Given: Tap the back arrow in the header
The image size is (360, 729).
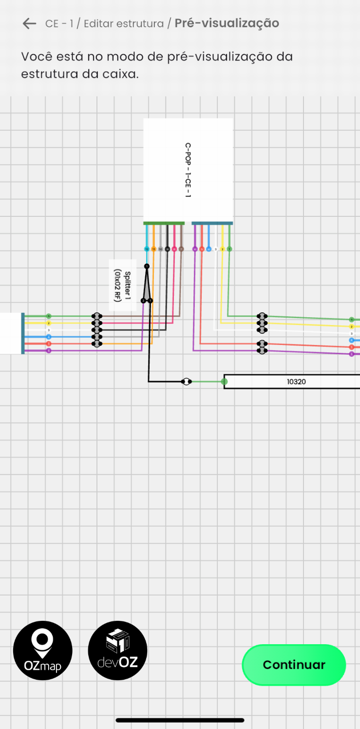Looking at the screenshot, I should pyautogui.click(x=29, y=23).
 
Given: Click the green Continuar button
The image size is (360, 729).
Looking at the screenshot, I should pyautogui.click(x=294, y=665).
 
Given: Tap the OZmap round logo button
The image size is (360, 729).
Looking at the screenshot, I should pyautogui.click(x=43, y=650).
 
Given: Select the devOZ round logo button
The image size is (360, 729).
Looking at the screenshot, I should pyautogui.click(x=117, y=650).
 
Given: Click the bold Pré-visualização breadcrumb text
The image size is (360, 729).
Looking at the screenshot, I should pyautogui.click(x=227, y=23).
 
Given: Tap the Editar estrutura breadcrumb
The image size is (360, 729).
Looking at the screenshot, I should pyautogui.click(x=124, y=23).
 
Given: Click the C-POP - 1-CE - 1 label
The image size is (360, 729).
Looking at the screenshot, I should pyautogui.click(x=188, y=170).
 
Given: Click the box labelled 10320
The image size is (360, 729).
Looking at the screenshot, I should pyautogui.click(x=296, y=382).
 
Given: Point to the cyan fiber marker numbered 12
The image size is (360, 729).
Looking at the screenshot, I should pyautogui.click(x=147, y=249).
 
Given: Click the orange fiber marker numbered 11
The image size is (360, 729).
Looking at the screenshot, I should pyautogui.click(x=153, y=249).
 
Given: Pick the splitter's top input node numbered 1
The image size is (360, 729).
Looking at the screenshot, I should pyautogui.click(x=147, y=266).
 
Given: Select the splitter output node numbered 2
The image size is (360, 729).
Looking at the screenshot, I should pyautogui.click(x=143, y=301).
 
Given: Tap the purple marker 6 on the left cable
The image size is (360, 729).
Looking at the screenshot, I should pyautogui.click(x=49, y=350).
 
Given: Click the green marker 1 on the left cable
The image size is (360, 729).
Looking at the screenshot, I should pyautogui.click(x=49, y=316).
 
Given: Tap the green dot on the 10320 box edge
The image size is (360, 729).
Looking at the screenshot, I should pyautogui.click(x=224, y=382).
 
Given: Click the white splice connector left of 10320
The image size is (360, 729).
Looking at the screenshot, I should pyautogui.click(x=186, y=382).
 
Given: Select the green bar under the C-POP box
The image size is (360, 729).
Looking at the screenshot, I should pyautogui.click(x=164, y=223).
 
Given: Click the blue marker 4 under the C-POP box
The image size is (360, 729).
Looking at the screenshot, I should pyautogui.click(x=208, y=249).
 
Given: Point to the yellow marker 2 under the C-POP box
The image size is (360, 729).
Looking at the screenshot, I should pyautogui.click(x=222, y=249).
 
